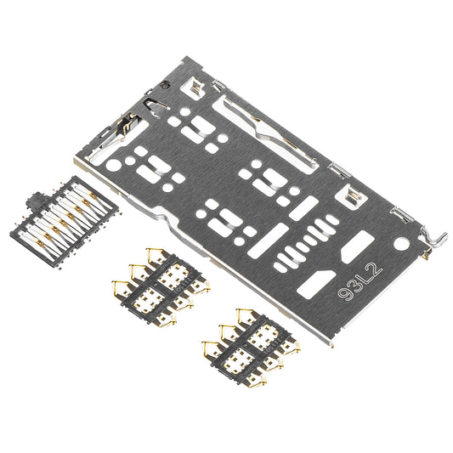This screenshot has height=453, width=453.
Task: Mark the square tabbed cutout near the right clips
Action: point(354,196)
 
